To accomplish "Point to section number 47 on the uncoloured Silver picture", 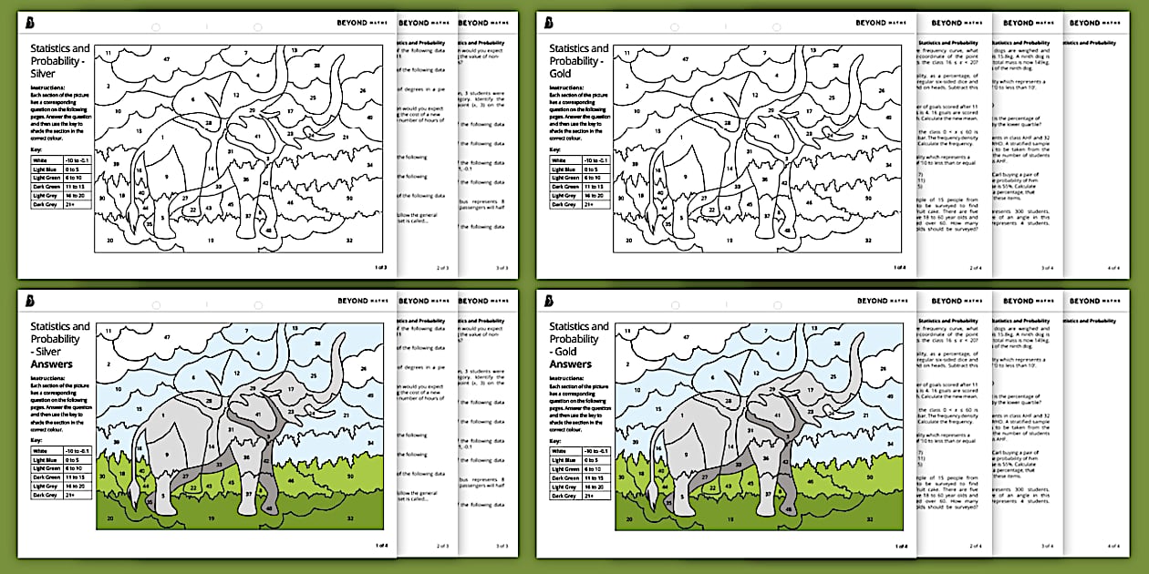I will pos(167,57).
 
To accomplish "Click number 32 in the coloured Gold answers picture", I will pos(866,518).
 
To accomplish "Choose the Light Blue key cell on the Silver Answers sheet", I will pos(47,460).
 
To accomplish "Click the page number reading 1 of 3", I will pos(380,267).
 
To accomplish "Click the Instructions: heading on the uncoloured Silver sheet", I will pos(50,87).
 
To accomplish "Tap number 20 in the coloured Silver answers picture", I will pos(109,518).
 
